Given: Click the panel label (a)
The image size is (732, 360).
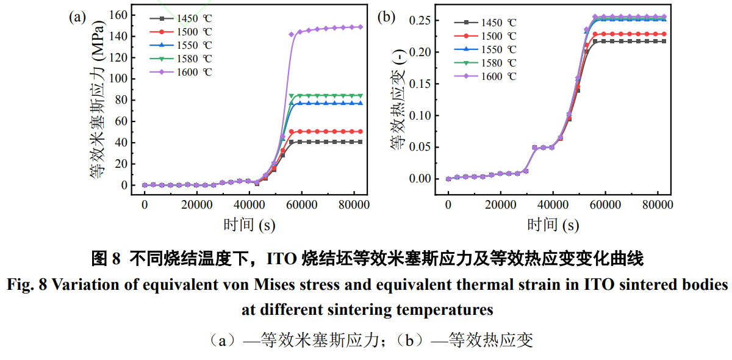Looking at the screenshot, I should tap(77, 17).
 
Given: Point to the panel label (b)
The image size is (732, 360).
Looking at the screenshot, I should tap(387, 17).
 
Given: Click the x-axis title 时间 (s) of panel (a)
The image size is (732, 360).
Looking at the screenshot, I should tap(249, 225).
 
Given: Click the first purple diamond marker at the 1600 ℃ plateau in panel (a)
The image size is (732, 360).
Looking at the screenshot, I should tap(292, 34).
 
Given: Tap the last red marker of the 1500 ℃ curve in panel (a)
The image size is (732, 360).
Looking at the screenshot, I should tap(361, 131).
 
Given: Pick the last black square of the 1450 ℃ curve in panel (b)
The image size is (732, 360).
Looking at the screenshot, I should tap(664, 41).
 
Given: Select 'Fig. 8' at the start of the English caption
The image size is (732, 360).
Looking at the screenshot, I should tap(25, 285).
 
